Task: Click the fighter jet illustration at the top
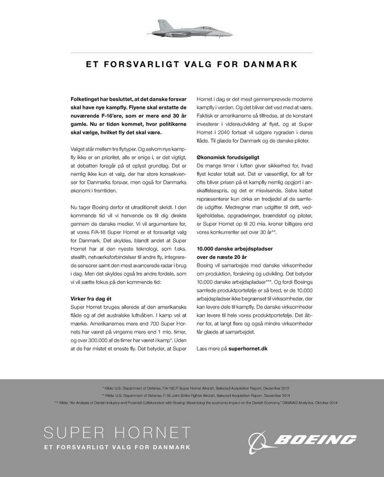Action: [192, 29]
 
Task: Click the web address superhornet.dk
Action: [248, 349]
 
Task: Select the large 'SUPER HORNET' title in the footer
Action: [117, 433]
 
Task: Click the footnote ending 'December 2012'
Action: [196, 388]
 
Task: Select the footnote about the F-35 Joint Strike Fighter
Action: [196, 395]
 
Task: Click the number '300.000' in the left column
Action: [94, 340]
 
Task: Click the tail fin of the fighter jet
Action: [160, 24]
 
